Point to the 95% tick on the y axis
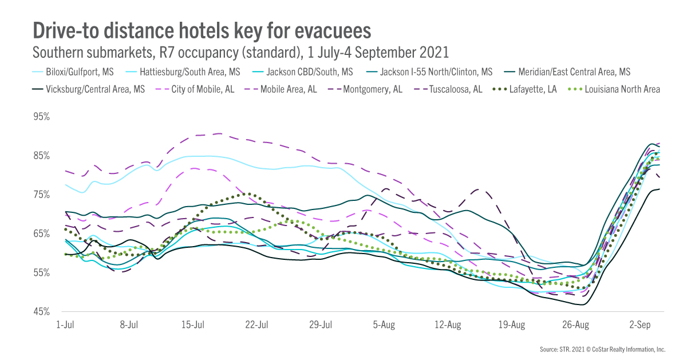point(43,117)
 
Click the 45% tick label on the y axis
point(43,312)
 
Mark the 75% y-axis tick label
point(43,195)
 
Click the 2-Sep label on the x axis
point(639,325)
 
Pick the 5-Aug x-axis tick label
point(384,325)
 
